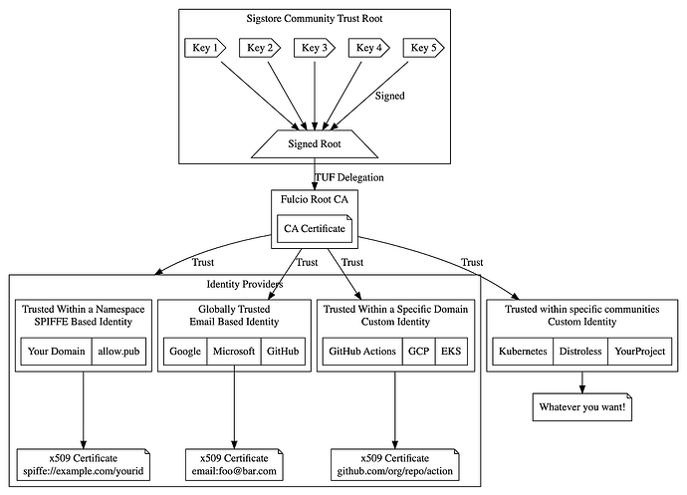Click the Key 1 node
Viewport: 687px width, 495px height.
click(x=205, y=48)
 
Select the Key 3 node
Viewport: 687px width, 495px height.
click(x=315, y=48)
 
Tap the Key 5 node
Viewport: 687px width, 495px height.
click(x=423, y=48)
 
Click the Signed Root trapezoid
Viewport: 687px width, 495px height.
click(x=315, y=143)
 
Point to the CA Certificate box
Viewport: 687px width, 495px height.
click(x=315, y=228)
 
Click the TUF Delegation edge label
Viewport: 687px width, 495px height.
click(x=349, y=177)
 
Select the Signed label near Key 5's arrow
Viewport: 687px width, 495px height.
click(x=389, y=96)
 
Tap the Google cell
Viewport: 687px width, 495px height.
click(x=185, y=352)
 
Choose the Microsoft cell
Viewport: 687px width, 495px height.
click(x=234, y=352)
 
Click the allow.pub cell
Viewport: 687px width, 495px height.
click(x=118, y=352)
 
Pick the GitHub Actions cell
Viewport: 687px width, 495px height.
click(x=362, y=352)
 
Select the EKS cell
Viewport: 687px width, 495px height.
click(x=451, y=352)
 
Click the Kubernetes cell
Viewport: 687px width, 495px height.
click(x=523, y=352)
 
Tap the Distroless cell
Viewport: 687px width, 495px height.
click(x=580, y=352)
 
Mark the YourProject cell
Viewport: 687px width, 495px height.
click(x=639, y=352)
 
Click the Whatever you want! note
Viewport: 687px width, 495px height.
click(x=582, y=407)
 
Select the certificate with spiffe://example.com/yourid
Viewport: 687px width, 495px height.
click(x=84, y=465)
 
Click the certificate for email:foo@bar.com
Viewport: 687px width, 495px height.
click(x=234, y=465)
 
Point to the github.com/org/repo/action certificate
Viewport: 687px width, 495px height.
click(x=394, y=465)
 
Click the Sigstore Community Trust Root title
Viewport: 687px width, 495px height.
click(x=315, y=18)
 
